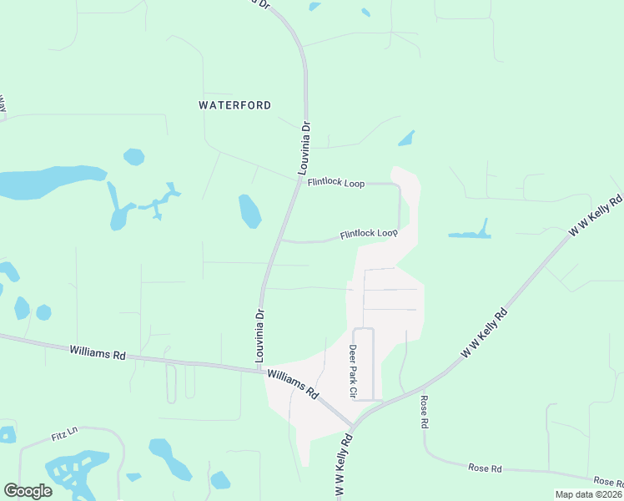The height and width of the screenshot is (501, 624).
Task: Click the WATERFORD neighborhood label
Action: (234, 105)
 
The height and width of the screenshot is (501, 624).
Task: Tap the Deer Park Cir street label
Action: (353, 372)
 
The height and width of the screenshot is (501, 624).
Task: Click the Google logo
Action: (28, 491)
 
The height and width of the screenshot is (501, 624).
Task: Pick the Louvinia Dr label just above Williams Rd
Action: (259, 336)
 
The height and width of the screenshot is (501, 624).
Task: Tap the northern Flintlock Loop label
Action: (335, 182)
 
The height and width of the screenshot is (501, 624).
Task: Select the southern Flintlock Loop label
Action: (369, 234)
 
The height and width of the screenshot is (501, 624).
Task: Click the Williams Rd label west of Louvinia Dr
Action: (98, 353)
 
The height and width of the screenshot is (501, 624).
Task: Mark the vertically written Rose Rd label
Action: (424, 412)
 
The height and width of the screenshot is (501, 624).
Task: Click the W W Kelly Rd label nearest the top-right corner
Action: (596, 216)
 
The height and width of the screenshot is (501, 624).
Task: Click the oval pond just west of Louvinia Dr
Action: (249, 211)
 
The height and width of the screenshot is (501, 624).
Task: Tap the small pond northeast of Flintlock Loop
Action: (406, 139)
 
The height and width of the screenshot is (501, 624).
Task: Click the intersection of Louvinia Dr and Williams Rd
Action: (259, 368)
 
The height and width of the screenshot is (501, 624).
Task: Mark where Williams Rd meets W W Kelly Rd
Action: (354, 427)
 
